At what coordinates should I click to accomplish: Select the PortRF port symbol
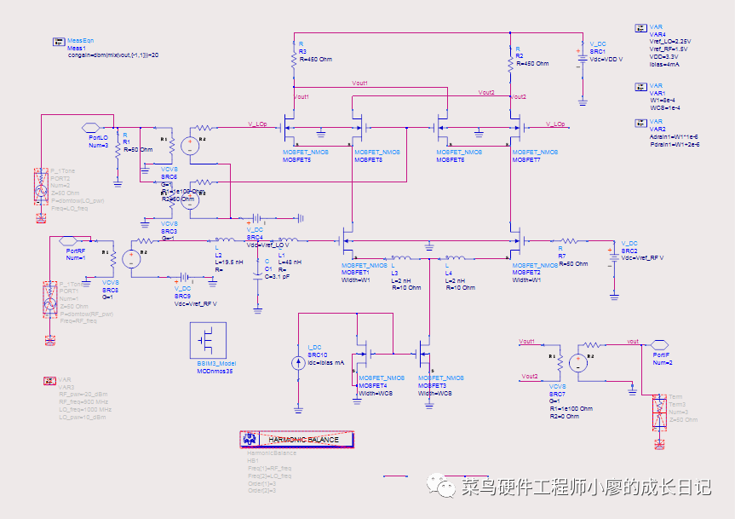coord(74,240)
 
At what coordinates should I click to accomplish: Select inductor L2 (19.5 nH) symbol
coord(227,240)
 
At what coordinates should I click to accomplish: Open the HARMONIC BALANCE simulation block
coord(296,440)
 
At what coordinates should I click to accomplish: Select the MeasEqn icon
coord(58,41)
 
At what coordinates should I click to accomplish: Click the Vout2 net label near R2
coord(486,93)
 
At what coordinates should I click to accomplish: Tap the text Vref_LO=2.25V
coord(669,41)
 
